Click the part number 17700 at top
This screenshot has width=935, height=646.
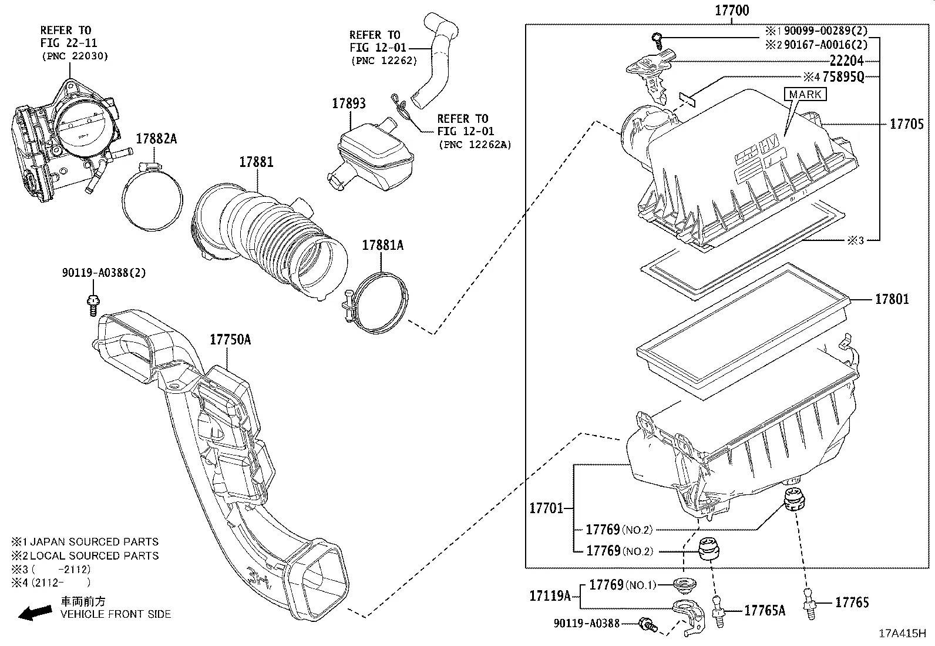[732, 11]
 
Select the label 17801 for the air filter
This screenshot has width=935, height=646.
[892, 299]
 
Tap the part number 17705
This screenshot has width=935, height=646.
[906, 124]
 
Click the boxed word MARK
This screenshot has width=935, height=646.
[805, 94]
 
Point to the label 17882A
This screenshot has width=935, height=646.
[156, 139]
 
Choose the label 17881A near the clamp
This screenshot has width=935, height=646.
[382, 245]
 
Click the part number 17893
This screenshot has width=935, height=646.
[348, 103]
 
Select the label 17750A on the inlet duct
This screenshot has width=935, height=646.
[230, 339]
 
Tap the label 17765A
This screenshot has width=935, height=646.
[764, 611]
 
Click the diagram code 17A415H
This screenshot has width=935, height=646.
[902, 634]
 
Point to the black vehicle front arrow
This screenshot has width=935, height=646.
[34, 613]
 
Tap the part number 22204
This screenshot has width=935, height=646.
[846, 61]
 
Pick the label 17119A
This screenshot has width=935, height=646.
[550, 596]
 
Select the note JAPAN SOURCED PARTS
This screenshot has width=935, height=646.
[94, 542]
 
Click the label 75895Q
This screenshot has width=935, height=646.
[843, 76]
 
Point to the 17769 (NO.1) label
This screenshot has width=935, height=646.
[622, 585]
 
